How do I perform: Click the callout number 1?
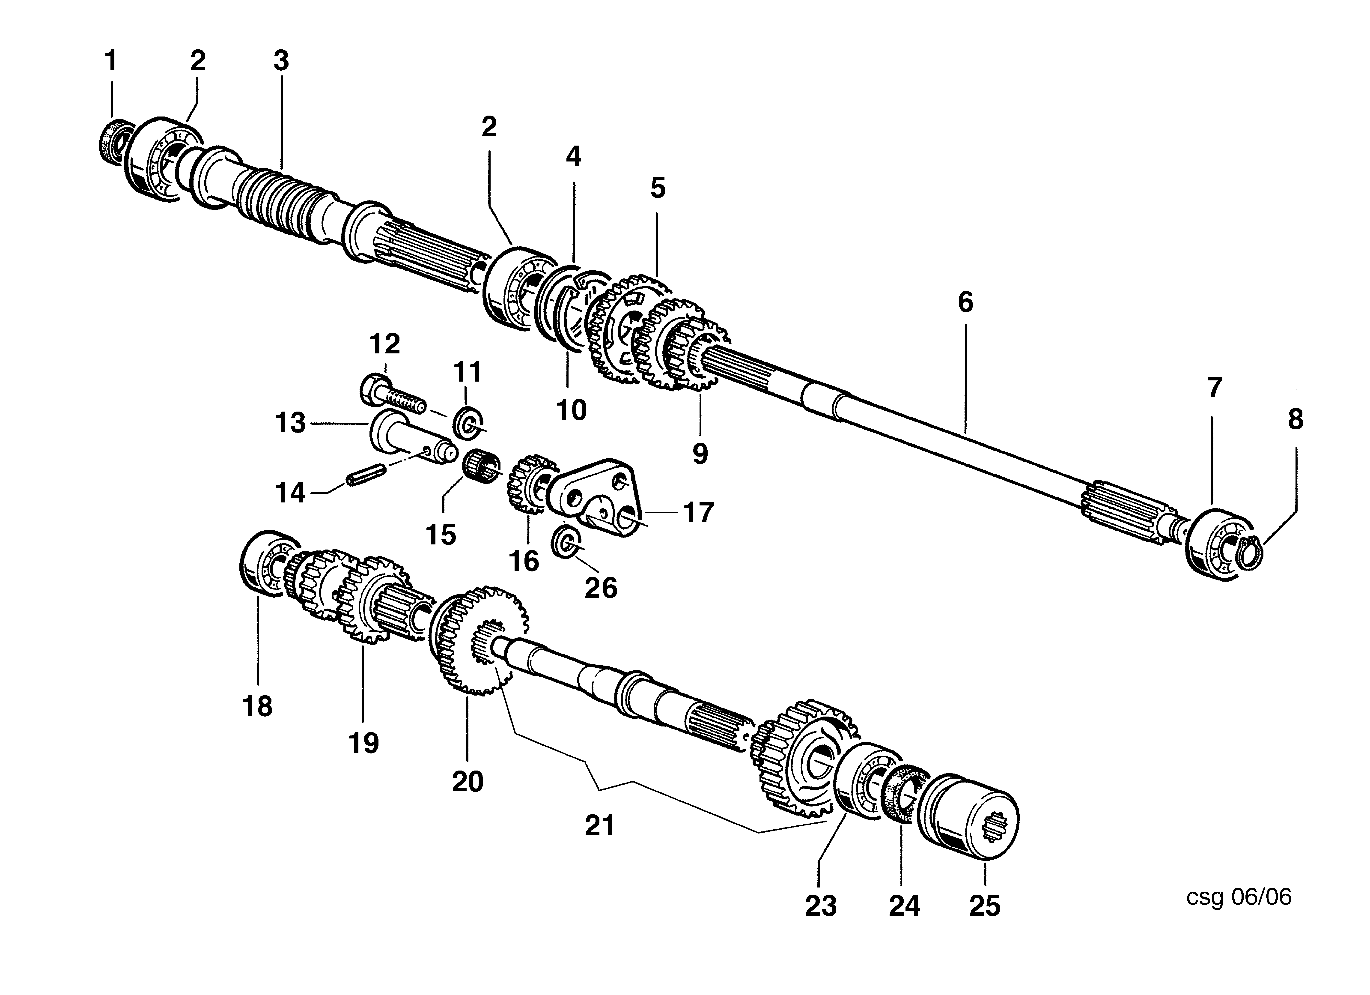[x=110, y=61]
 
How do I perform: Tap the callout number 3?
[x=281, y=61]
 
